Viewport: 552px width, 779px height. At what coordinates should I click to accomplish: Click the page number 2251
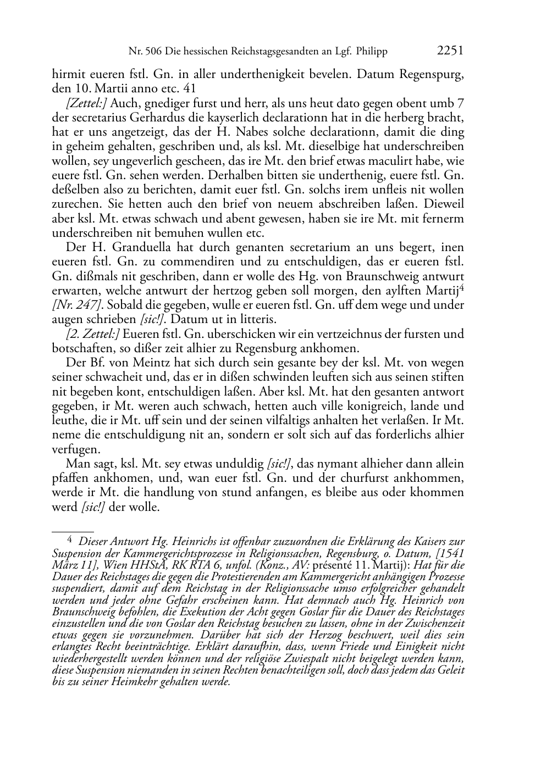tap(450, 51)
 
